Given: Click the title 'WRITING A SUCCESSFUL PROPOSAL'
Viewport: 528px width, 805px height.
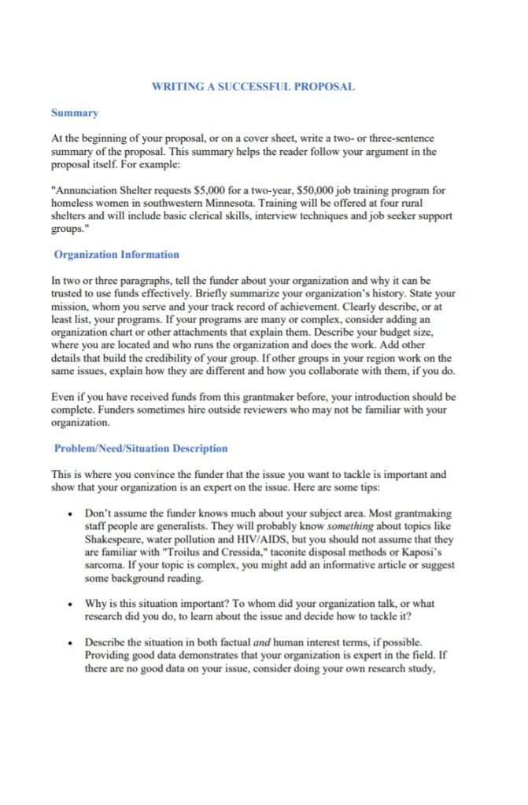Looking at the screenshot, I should click(x=253, y=86).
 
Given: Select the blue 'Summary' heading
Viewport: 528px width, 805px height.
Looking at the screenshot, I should click(x=74, y=113).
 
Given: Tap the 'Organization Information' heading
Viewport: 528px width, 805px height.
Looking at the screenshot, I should click(x=116, y=255).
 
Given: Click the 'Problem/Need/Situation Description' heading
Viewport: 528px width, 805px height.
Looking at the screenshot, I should click(x=141, y=449).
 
